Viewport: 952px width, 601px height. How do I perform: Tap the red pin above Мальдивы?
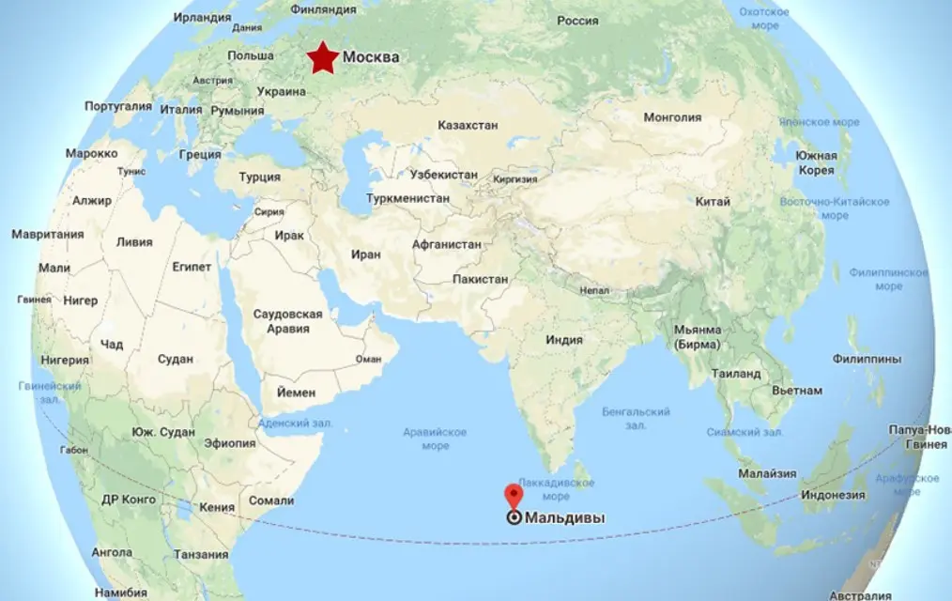[514, 495]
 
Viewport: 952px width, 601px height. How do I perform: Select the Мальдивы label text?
[563, 517]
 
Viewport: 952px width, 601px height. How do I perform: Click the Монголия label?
[672, 117]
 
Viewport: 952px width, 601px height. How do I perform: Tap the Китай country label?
[707, 202]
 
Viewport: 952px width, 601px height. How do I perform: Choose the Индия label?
[564, 340]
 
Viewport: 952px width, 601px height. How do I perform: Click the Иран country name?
[365, 254]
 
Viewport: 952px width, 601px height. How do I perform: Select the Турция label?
[259, 177]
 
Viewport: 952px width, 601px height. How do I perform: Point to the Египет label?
[192, 267]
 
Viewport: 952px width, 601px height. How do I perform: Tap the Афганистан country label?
[447, 244]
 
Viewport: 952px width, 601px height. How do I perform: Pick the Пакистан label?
[480, 279]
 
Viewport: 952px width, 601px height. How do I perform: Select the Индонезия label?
[832, 495]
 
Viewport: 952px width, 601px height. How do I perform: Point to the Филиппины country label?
[867, 359]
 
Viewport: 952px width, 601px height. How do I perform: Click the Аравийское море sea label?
[435, 439]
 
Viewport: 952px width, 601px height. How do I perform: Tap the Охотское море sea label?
[764, 19]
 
